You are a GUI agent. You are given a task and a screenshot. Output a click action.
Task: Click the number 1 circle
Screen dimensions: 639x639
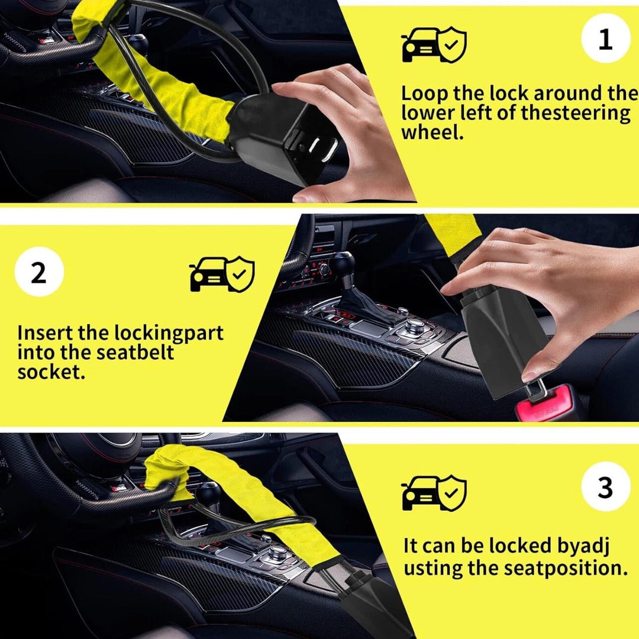coord(606,38)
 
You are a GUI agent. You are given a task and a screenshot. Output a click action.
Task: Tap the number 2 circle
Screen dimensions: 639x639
coord(39,272)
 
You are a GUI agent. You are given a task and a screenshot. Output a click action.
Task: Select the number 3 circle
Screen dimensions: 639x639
coord(606,486)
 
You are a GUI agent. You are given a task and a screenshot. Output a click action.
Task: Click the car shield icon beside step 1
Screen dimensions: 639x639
coord(434,45)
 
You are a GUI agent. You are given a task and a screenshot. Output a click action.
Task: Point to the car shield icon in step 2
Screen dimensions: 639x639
coord(222,274)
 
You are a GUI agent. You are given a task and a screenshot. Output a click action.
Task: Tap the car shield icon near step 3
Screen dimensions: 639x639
coord(434,493)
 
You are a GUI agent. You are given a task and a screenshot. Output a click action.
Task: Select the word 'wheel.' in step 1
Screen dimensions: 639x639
coord(433,132)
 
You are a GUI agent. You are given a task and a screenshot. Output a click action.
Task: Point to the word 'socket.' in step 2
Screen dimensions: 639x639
coord(51,372)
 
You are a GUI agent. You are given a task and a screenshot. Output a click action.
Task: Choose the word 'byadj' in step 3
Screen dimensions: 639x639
coord(583,547)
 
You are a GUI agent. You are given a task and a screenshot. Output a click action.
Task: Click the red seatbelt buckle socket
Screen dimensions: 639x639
coord(545,404)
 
